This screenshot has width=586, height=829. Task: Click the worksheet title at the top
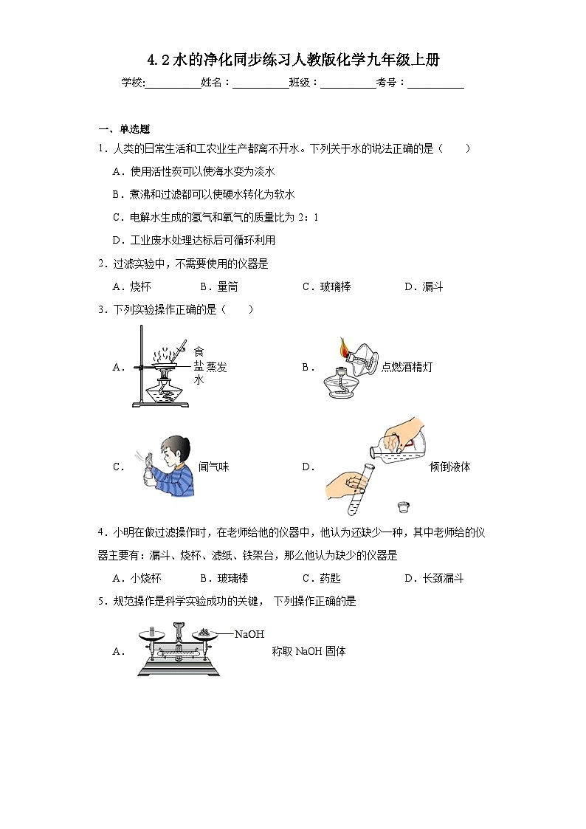coord(293,60)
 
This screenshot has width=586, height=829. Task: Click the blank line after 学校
coord(173,83)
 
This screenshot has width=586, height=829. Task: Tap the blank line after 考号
coord(435,83)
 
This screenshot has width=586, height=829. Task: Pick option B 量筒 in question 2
coord(218,286)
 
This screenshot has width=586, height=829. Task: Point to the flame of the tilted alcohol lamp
coord(342,345)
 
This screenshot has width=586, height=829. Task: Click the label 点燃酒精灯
coord(407,367)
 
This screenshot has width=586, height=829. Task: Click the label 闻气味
coord(213,467)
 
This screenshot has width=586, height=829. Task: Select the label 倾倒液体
coord(449,467)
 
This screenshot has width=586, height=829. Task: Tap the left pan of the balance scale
coord(153,634)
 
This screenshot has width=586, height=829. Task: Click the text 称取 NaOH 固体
coord(308,651)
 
